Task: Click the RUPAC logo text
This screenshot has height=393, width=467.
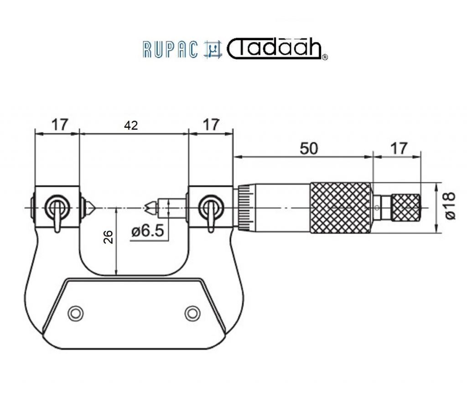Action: click(x=170, y=49)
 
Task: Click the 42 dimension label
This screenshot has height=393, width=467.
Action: click(x=131, y=126)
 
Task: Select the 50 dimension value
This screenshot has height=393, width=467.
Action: click(x=309, y=148)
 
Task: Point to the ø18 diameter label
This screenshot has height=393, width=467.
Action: click(x=450, y=206)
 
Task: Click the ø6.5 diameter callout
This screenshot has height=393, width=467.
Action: click(x=147, y=231)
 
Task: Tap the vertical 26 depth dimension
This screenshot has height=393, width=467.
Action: click(x=109, y=237)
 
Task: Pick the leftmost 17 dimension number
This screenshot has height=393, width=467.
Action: click(x=60, y=125)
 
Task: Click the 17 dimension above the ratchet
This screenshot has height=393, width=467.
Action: click(x=399, y=148)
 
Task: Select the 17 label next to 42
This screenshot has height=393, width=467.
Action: click(x=211, y=125)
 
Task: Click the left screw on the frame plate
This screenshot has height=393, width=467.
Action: click(x=76, y=313)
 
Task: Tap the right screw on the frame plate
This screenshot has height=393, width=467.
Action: click(x=192, y=313)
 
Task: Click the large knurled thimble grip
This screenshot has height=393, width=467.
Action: click(x=341, y=208)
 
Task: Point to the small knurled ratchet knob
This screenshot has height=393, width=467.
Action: click(x=405, y=208)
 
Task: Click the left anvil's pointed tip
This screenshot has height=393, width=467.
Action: click(x=95, y=207)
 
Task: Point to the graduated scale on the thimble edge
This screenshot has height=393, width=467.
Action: click(x=246, y=208)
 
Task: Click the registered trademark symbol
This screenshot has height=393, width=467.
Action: click(x=325, y=57)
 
